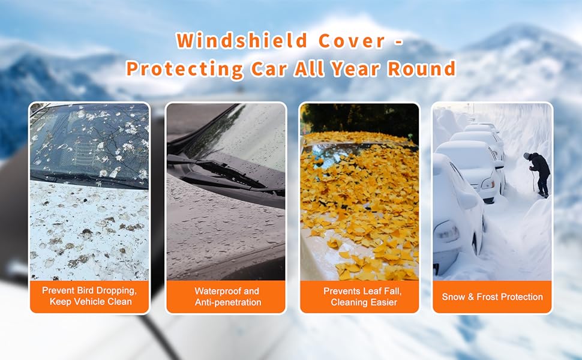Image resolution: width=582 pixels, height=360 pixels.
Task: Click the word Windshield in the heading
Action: coord(242,40)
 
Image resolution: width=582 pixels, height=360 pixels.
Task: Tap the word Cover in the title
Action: coord(352,41)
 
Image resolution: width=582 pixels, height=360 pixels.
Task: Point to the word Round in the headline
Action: coord(422,68)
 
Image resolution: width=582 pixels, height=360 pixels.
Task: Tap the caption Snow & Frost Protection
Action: coord(492,297)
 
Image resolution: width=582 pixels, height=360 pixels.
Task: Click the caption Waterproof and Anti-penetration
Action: coord(227,296)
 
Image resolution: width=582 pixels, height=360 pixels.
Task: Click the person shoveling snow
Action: coord(538,173)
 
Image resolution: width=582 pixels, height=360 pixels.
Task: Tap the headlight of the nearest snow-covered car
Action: coord(447,232)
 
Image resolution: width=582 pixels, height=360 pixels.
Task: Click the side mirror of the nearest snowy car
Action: coord(467,200)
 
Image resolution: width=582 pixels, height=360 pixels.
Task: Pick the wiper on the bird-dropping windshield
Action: coord(89,178)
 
